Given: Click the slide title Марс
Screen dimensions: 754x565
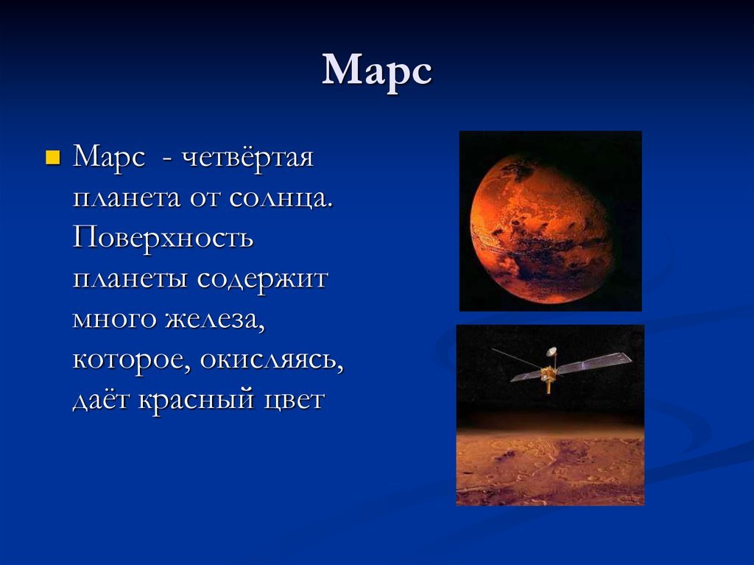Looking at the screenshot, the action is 377,72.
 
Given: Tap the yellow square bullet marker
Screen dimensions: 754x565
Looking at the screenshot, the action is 52,158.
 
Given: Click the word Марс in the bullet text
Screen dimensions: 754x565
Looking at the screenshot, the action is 108,158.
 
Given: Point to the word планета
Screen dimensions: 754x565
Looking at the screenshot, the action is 127,198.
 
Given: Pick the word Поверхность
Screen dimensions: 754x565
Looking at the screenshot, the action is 163,238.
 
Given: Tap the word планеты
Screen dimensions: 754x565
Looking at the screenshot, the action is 130,279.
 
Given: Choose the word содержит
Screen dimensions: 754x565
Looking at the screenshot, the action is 263,279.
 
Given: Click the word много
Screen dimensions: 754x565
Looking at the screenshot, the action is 114,320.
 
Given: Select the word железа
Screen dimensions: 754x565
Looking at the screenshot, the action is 216,320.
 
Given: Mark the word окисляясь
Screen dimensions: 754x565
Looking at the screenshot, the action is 272,360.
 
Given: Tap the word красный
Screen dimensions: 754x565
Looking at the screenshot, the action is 196,399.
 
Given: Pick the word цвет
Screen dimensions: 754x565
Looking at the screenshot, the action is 295,401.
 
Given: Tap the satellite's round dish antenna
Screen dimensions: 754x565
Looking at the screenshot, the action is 551,352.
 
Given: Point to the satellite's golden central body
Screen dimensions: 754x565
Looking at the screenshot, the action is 547,373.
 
